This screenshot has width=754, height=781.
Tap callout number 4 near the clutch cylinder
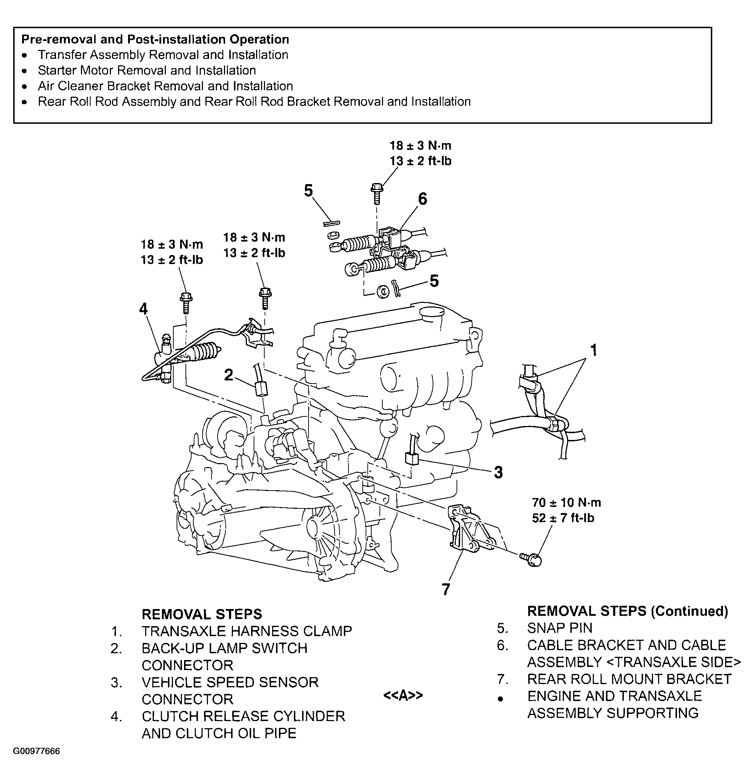point(143,309)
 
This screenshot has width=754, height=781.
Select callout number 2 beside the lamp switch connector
point(228,375)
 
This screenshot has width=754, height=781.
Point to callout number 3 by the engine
point(498,472)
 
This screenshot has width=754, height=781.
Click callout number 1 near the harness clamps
point(593,350)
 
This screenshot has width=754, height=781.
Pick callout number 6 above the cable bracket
point(422,199)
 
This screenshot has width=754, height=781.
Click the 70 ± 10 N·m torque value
point(566,502)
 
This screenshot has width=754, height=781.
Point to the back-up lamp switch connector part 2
point(261,388)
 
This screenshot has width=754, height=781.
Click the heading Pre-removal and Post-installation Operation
point(155,40)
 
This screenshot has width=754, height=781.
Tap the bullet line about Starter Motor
point(147,71)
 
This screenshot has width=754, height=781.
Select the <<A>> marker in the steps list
point(403,695)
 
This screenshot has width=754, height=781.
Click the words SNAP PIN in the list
point(560,628)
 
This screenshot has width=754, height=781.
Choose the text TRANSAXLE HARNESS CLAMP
point(246,632)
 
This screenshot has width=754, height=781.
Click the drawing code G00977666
point(36,751)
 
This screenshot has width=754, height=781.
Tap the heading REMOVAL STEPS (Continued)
point(627,611)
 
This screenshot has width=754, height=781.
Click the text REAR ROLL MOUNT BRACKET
point(629,679)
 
